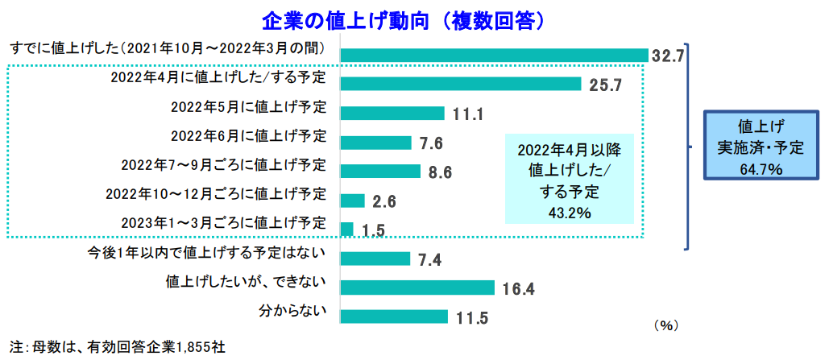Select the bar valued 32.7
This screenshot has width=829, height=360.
[495, 55]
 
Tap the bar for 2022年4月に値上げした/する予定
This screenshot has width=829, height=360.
[461, 84]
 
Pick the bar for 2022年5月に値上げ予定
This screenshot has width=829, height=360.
[392, 113]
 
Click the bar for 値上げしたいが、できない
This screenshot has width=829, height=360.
[417, 288]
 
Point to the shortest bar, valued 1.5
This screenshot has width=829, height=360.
[347, 230]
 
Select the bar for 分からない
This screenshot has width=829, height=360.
[394, 317]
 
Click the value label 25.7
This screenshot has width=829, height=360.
[605, 85]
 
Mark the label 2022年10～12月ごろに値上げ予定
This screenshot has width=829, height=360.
[216, 194]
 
